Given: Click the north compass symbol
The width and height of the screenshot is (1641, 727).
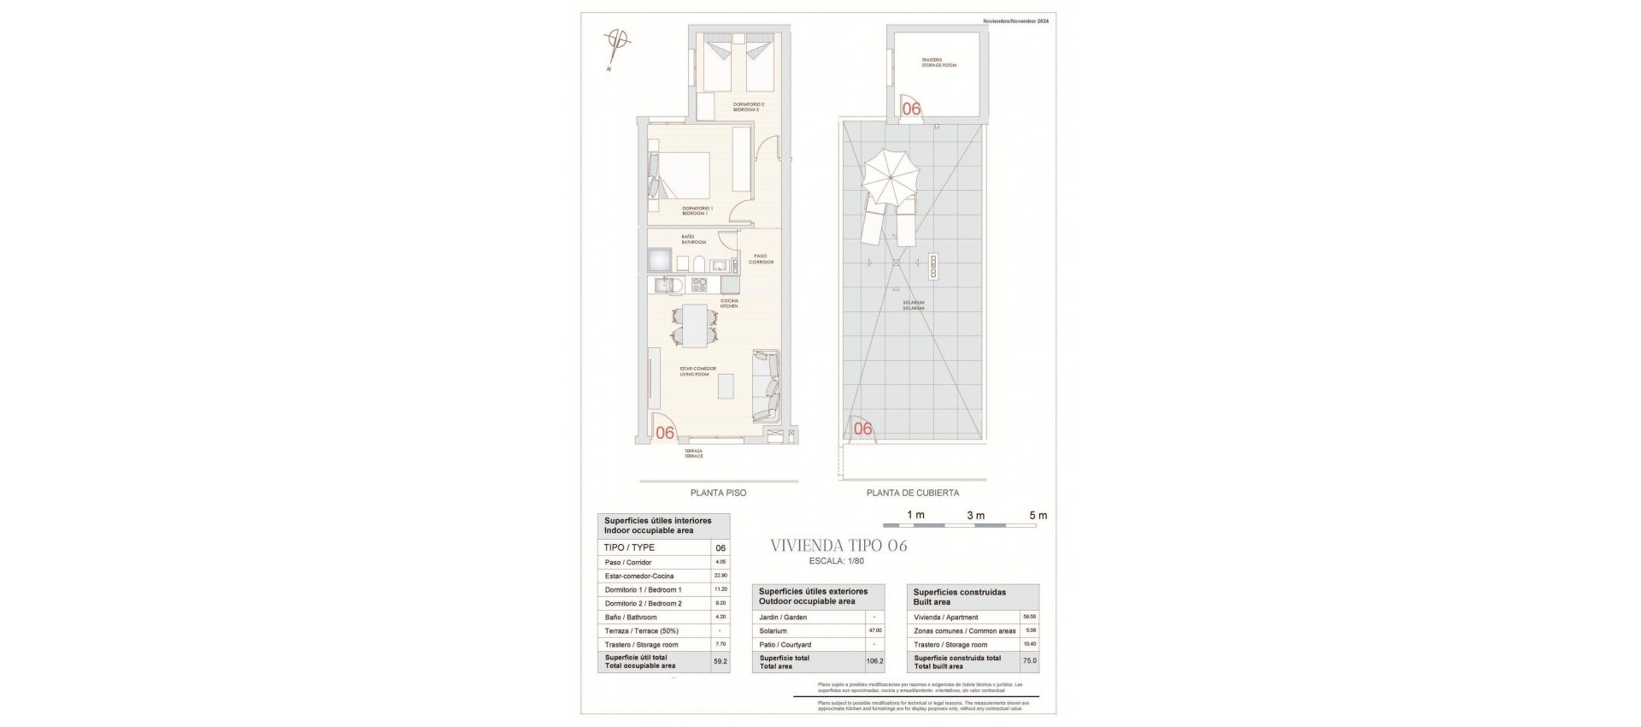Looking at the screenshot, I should pyautogui.click(x=615, y=42).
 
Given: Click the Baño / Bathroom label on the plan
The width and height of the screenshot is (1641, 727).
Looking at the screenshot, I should pyautogui.click(x=688, y=239).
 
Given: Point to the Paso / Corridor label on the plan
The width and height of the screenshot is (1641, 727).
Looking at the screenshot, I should pyautogui.click(x=761, y=258).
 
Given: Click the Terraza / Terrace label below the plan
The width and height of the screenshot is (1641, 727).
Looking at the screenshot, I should pyautogui.click(x=693, y=453).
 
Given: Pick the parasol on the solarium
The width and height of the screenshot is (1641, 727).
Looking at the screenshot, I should pyautogui.click(x=889, y=180).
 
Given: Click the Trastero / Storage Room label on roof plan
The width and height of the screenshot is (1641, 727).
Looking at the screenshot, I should pyautogui.click(x=938, y=62).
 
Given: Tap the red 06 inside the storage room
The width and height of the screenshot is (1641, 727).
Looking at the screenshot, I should pyautogui.click(x=912, y=109).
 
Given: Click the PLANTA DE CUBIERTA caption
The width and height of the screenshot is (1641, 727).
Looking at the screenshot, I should pyautogui.click(x=912, y=493).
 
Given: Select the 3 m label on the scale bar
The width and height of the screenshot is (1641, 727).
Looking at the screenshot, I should pyautogui.click(x=975, y=516).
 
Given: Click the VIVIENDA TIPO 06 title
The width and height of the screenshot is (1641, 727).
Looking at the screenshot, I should pyautogui.click(x=838, y=546).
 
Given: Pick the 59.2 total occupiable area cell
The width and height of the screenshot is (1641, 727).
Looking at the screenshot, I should pyautogui.click(x=720, y=661).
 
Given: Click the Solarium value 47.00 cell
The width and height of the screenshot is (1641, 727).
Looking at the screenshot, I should pyautogui.click(x=874, y=630).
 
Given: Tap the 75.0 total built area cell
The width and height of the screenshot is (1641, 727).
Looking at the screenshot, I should pyautogui.click(x=1029, y=661).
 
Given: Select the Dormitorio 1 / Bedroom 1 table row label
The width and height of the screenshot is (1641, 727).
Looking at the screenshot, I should pyautogui.click(x=643, y=589).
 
